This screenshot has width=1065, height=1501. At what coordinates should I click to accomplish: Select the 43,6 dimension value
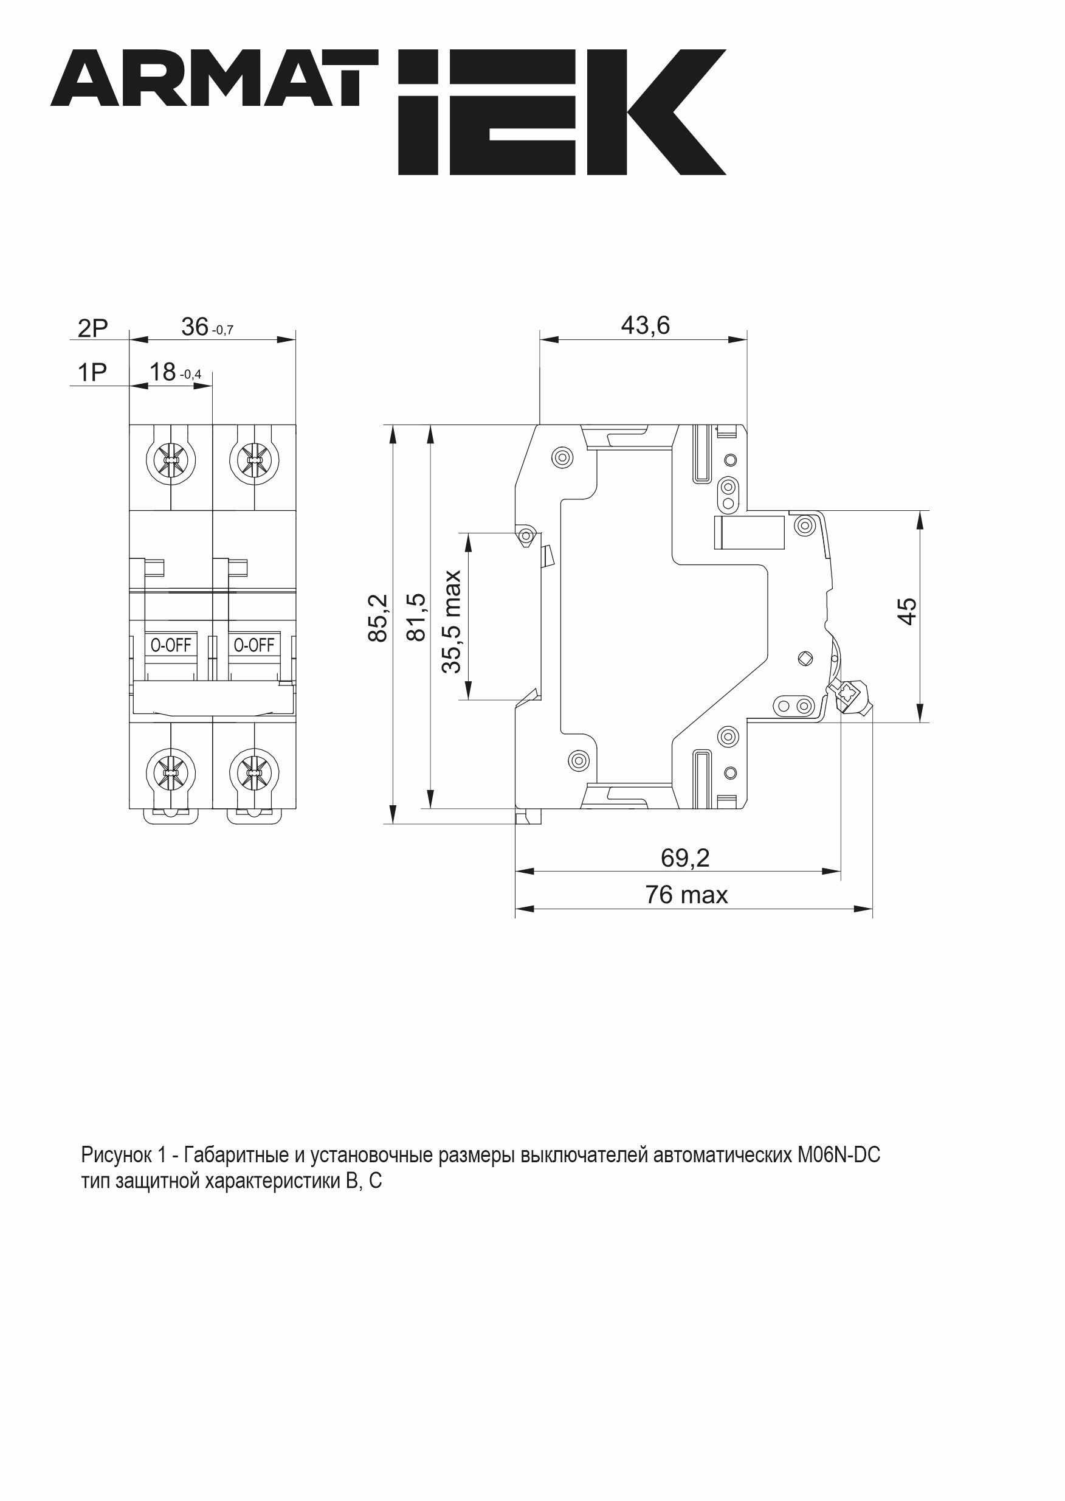[x=646, y=325]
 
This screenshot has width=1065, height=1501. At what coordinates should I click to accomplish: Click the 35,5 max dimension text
[x=452, y=622]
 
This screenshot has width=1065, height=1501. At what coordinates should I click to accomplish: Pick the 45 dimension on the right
[x=907, y=611]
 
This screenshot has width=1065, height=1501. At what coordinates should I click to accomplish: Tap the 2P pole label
[x=92, y=328]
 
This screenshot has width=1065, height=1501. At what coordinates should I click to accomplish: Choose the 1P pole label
[x=92, y=373]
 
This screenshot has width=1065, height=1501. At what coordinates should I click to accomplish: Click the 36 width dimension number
[x=195, y=327]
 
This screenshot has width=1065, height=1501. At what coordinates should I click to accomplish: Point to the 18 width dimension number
[x=163, y=372]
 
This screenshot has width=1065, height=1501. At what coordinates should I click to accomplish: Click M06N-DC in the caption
[x=839, y=1154]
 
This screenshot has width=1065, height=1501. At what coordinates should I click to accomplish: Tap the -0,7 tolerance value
[x=223, y=331]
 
